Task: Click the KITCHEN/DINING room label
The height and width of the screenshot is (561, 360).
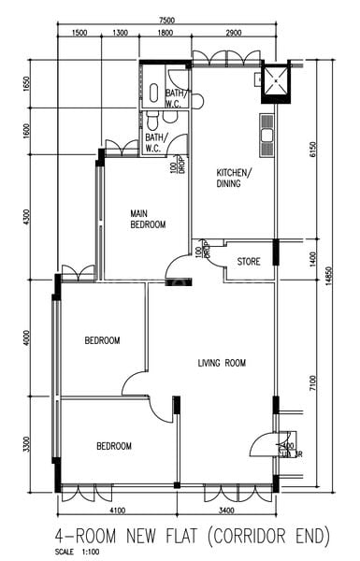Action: (x=234, y=179)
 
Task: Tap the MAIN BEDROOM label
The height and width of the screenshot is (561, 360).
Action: (x=148, y=219)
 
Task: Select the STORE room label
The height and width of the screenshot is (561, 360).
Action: (x=248, y=261)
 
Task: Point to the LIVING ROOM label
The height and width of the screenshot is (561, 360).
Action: (x=222, y=363)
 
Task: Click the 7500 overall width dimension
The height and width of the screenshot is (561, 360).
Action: (x=167, y=20)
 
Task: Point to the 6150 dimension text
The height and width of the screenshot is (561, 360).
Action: (x=313, y=148)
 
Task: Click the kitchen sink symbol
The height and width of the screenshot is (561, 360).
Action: (x=266, y=138)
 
